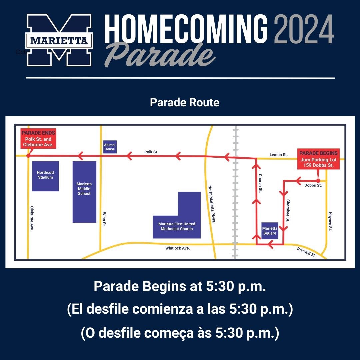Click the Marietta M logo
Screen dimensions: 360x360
(x=59, y=40)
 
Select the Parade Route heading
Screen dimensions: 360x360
(x=185, y=102)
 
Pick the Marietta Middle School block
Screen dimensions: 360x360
(x=84, y=192)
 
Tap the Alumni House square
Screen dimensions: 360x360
(x=110, y=147)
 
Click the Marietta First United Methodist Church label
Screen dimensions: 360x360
(x=177, y=226)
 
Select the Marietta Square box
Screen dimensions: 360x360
(x=270, y=231)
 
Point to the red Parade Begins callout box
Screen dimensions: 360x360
(x=318, y=159)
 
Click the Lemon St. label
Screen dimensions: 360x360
(x=279, y=155)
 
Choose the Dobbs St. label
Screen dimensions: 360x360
(x=313, y=185)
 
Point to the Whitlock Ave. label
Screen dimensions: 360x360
(x=177, y=248)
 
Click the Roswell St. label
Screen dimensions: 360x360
(x=306, y=252)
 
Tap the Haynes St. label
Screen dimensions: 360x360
(x=330, y=221)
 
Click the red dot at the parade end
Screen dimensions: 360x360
(x=28, y=155)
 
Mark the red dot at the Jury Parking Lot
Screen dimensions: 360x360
(x=318, y=181)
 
